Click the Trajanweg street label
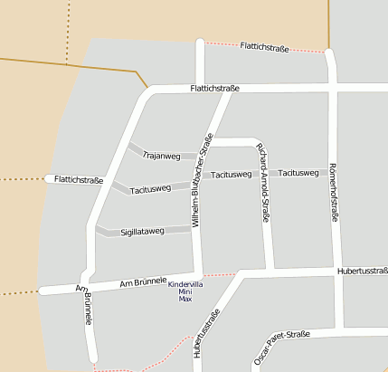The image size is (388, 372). [162, 156]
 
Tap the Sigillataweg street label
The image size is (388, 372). [142, 233]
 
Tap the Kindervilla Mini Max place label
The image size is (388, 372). [185, 291]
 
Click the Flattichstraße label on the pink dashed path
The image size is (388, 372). [264, 47]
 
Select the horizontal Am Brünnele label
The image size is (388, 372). [144, 284]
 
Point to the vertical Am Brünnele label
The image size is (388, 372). [88, 309]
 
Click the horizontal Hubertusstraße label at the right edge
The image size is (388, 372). [362, 270]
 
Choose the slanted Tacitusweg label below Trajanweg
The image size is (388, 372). [150, 189]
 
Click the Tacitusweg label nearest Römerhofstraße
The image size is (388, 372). [298, 172]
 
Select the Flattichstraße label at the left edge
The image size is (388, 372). [79, 180]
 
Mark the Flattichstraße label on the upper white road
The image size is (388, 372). [214, 88]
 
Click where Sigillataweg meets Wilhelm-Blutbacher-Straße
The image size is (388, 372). [194, 229]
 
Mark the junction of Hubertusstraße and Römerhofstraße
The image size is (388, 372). [337, 270]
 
